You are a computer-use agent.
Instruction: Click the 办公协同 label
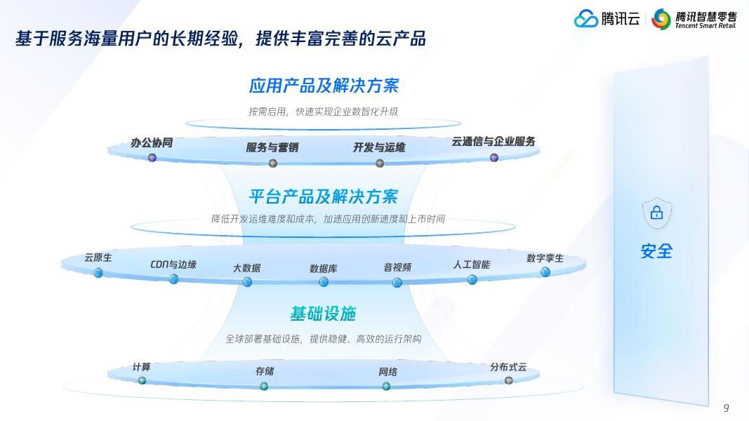point(152,142)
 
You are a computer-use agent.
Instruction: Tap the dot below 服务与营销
point(273,163)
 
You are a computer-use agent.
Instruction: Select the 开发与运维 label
point(379,147)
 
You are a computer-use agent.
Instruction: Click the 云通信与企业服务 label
point(493,141)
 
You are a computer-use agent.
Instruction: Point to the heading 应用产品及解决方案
point(324,86)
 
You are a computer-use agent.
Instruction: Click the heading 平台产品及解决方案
point(324,196)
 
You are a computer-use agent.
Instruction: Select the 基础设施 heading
point(324,313)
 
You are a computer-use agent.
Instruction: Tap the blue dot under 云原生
point(98,273)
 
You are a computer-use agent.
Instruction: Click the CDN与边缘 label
point(173,265)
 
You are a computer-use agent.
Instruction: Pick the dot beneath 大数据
point(247,282)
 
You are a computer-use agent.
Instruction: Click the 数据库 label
point(324,268)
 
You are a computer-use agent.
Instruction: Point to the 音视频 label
point(397,267)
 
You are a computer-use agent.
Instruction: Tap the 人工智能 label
point(472,265)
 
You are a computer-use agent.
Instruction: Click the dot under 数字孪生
point(545,272)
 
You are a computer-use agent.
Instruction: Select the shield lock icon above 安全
point(656,213)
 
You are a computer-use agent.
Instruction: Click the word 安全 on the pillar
point(656,250)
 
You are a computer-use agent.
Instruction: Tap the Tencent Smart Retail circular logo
point(661,20)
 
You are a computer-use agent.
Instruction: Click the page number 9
point(727,408)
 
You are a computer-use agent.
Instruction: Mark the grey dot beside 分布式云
point(509,380)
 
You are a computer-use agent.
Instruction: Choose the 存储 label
point(265,371)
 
